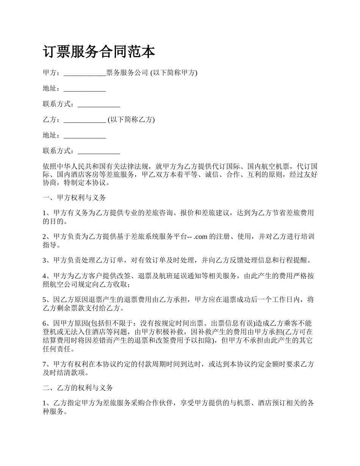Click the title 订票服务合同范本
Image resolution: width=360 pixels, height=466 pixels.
[99, 52]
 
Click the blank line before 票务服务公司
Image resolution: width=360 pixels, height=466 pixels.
[85, 73]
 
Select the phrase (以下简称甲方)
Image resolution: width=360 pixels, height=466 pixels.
[174, 73]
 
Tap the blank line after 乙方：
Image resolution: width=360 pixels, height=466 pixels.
[85, 120]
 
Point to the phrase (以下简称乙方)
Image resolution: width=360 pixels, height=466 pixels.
[131, 120]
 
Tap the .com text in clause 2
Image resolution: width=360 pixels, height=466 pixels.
[200, 237]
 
